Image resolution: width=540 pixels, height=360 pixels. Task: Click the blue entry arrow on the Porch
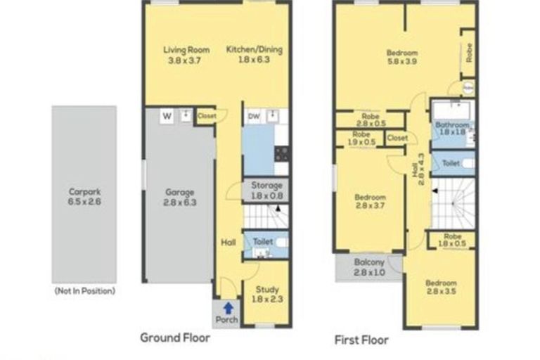coord(227,307)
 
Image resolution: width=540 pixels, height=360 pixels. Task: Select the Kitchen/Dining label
coord(248,55)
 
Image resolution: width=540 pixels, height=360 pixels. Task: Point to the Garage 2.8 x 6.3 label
coord(179,196)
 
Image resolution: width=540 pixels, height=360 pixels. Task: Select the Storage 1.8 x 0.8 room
coord(266,190)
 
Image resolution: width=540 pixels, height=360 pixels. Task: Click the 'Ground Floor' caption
coord(175,337)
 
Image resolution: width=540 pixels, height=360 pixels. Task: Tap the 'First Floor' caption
coord(361,340)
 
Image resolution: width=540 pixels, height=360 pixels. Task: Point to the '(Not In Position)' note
coord(84,290)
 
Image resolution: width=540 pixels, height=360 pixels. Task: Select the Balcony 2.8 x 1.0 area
coord(368,267)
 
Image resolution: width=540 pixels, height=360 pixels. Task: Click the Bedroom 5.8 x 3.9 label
coord(401,58)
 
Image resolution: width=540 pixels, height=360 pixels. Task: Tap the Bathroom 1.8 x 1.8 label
coord(451,128)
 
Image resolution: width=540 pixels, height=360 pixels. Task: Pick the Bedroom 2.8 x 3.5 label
coord(441,288)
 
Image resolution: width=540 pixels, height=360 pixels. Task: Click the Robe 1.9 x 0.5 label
coord(361,138)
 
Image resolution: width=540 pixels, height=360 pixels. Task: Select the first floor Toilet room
coord(451,163)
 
